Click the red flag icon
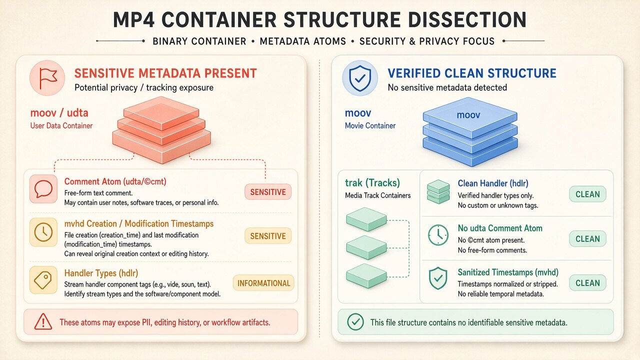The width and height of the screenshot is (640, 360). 47,77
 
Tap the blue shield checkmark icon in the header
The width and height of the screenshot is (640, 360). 360,78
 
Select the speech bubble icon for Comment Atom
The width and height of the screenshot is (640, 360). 43,189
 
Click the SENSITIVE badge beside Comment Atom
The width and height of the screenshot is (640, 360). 268,192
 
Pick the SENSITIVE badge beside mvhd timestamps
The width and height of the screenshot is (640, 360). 268,236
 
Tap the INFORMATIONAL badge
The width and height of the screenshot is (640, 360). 263,283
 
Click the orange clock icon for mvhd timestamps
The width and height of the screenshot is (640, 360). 43,232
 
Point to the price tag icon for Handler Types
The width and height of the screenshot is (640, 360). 43,280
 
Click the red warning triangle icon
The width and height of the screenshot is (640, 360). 43,322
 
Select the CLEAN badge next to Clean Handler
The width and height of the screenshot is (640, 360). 587,194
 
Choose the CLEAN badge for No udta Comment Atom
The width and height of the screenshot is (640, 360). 587,239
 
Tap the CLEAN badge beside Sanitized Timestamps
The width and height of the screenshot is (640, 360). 587,283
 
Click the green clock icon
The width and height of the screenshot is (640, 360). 438,235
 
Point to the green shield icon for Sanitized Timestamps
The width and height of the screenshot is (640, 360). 438,278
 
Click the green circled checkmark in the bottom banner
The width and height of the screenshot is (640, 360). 355,322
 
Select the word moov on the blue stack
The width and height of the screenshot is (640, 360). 468,115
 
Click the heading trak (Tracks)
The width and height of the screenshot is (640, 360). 372,183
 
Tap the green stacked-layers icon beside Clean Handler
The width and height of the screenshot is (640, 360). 438,191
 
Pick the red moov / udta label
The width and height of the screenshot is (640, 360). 59,113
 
